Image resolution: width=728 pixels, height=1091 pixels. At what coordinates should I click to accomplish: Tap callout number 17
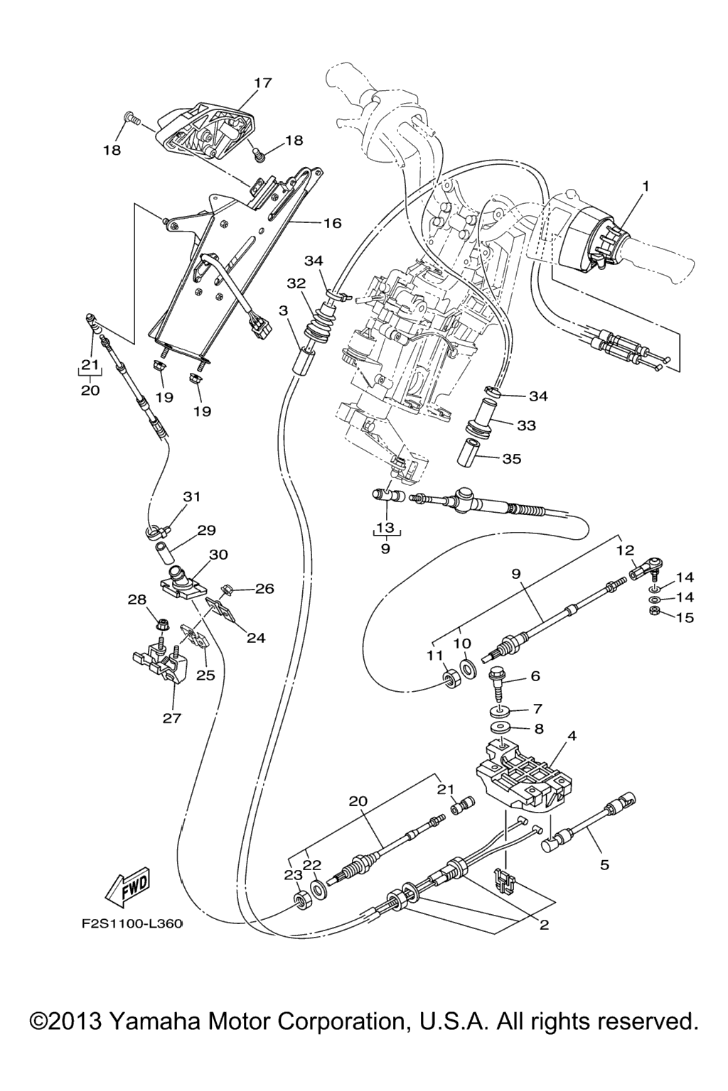coord(262,83)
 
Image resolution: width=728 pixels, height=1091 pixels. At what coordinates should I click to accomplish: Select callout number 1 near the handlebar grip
coord(646,186)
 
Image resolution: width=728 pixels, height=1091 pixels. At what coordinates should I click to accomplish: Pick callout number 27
coord(172,718)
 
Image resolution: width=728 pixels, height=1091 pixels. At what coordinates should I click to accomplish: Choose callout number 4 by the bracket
coord(572,737)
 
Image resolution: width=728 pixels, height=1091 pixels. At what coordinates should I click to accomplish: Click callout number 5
coord(605,865)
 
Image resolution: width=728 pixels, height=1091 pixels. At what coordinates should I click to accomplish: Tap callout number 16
coord(333,223)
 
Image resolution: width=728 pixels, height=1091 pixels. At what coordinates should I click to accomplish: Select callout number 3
coord(283,310)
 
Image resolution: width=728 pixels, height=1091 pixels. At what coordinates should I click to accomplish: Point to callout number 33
coord(526,425)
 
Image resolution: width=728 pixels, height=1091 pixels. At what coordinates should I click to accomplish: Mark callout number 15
coord(684,617)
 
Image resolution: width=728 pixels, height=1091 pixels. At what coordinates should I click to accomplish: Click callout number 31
coord(192,497)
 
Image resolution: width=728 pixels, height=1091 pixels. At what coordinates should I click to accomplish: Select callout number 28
coord(136,601)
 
